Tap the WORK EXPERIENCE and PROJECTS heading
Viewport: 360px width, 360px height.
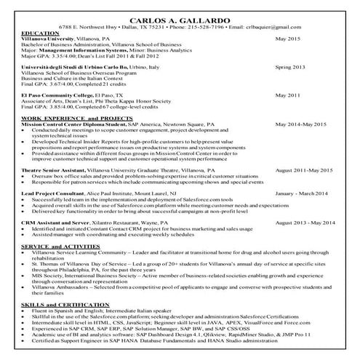tap(73, 117)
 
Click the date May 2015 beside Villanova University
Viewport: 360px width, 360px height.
tap(287, 39)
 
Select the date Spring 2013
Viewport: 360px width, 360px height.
tap(289, 66)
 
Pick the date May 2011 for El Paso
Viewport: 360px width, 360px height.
tap(287, 95)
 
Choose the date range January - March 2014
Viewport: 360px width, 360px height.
tap(305, 194)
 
